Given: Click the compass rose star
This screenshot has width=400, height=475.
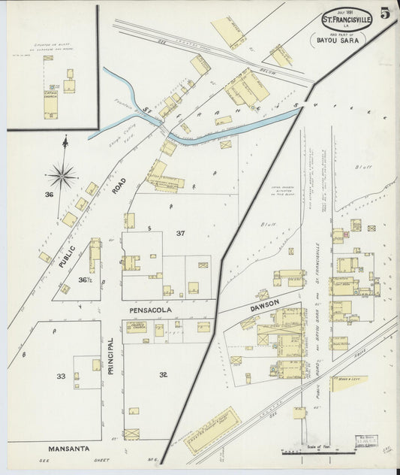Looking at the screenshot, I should (62, 177).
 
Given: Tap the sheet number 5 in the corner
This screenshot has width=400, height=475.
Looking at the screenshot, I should (384, 14).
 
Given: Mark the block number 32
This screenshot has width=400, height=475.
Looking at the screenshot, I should (164, 374).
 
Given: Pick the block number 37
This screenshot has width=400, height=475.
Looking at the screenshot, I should (180, 234).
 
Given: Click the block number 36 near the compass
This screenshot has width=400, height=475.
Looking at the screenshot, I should (50, 195).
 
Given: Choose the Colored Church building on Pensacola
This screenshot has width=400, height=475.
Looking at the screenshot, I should (136, 327).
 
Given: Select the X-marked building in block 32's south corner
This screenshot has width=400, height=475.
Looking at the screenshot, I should (131, 434).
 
